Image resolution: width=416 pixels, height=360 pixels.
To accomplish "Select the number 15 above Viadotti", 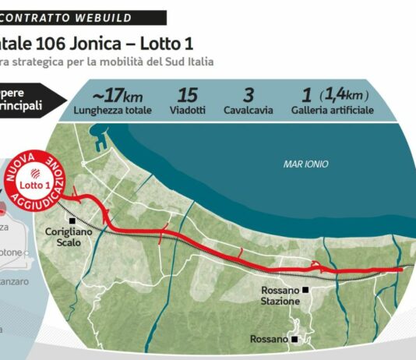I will point(188,96).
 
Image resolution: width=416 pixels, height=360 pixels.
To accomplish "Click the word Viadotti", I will point(188,111).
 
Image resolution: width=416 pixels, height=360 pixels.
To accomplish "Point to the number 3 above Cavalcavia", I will point(249,96).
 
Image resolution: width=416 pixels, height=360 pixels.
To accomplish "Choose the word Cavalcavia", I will point(249,111).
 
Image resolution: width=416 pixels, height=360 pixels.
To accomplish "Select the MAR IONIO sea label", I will point(305,164).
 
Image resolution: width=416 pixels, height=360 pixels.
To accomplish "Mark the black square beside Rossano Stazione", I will point(306,289).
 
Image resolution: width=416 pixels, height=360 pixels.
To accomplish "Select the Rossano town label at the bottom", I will point(269,339).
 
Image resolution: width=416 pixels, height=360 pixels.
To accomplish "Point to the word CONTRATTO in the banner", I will point(38,17).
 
